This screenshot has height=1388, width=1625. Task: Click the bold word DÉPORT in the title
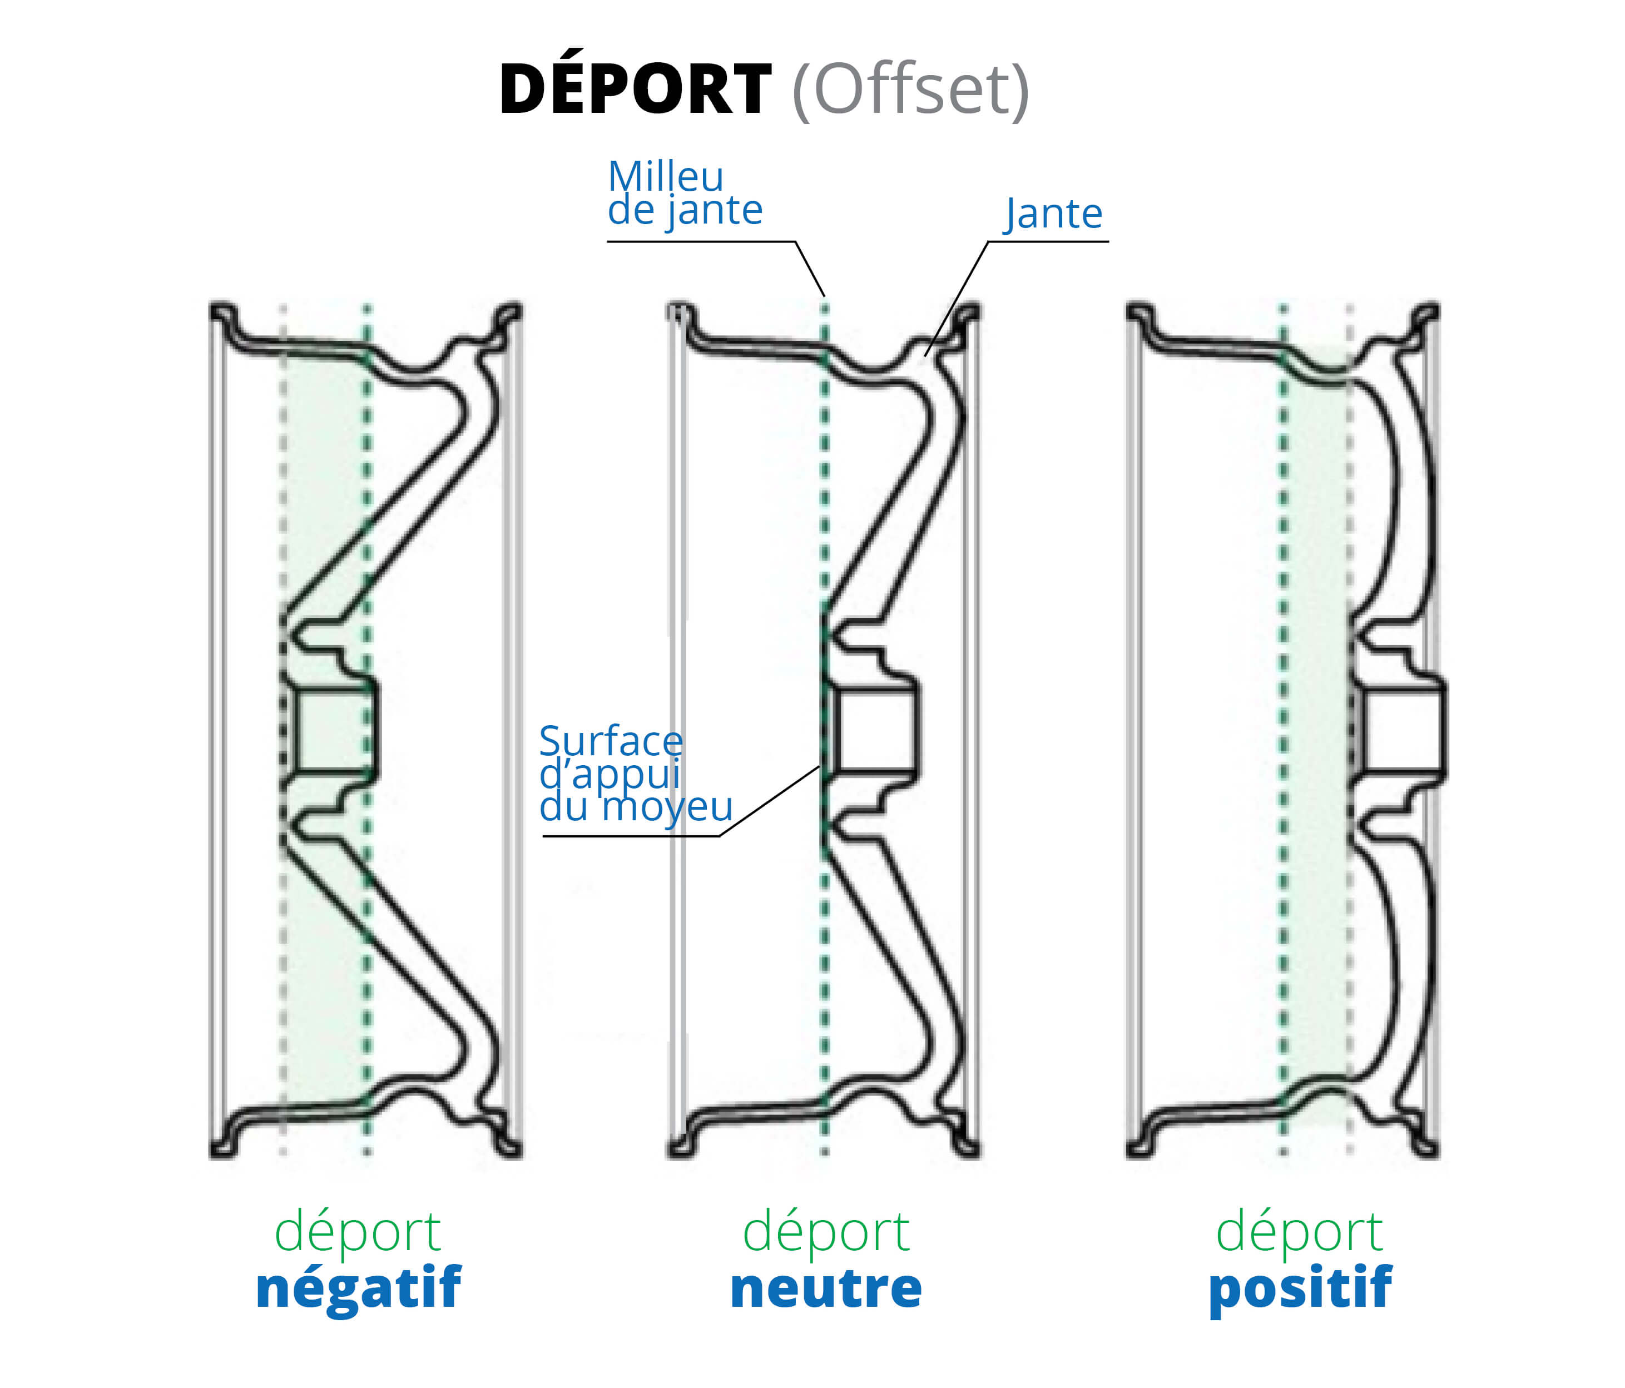coord(635,90)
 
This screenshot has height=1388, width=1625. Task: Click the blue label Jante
coord(1054,214)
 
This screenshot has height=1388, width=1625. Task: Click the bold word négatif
coord(358,1290)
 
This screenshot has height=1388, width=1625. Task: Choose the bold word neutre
coord(825,1290)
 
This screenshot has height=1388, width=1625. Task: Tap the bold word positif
coord(1300,1290)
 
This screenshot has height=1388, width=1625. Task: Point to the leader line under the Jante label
coord(1047,241)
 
